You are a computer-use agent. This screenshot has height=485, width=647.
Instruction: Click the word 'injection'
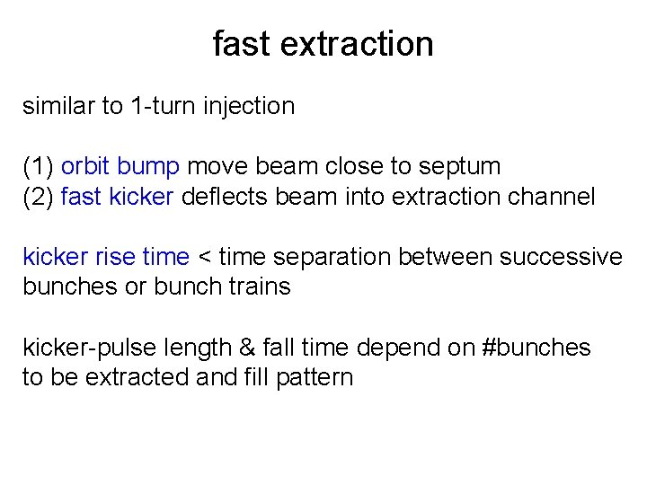(250, 106)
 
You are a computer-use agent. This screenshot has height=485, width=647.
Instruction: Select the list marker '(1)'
(39, 166)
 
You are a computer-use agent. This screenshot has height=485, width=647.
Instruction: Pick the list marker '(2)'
(39, 197)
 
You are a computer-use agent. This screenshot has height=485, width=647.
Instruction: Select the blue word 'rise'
(116, 257)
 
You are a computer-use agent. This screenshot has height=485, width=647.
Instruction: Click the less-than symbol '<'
(204, 258)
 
